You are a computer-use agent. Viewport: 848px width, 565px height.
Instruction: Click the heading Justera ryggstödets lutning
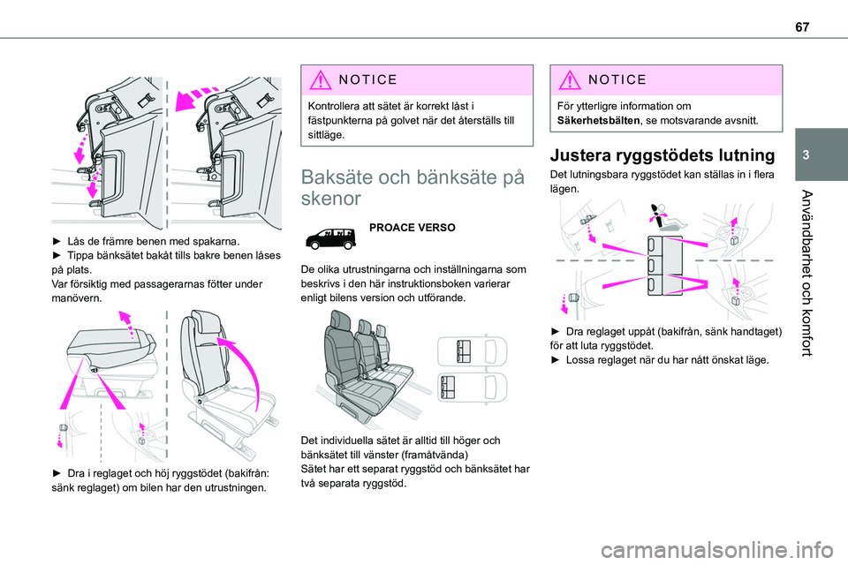click(662, 155)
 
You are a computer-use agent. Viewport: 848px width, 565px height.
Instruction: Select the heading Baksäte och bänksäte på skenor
click(406, 186)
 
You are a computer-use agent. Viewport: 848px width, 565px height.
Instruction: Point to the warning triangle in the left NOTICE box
click(317, 79)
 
